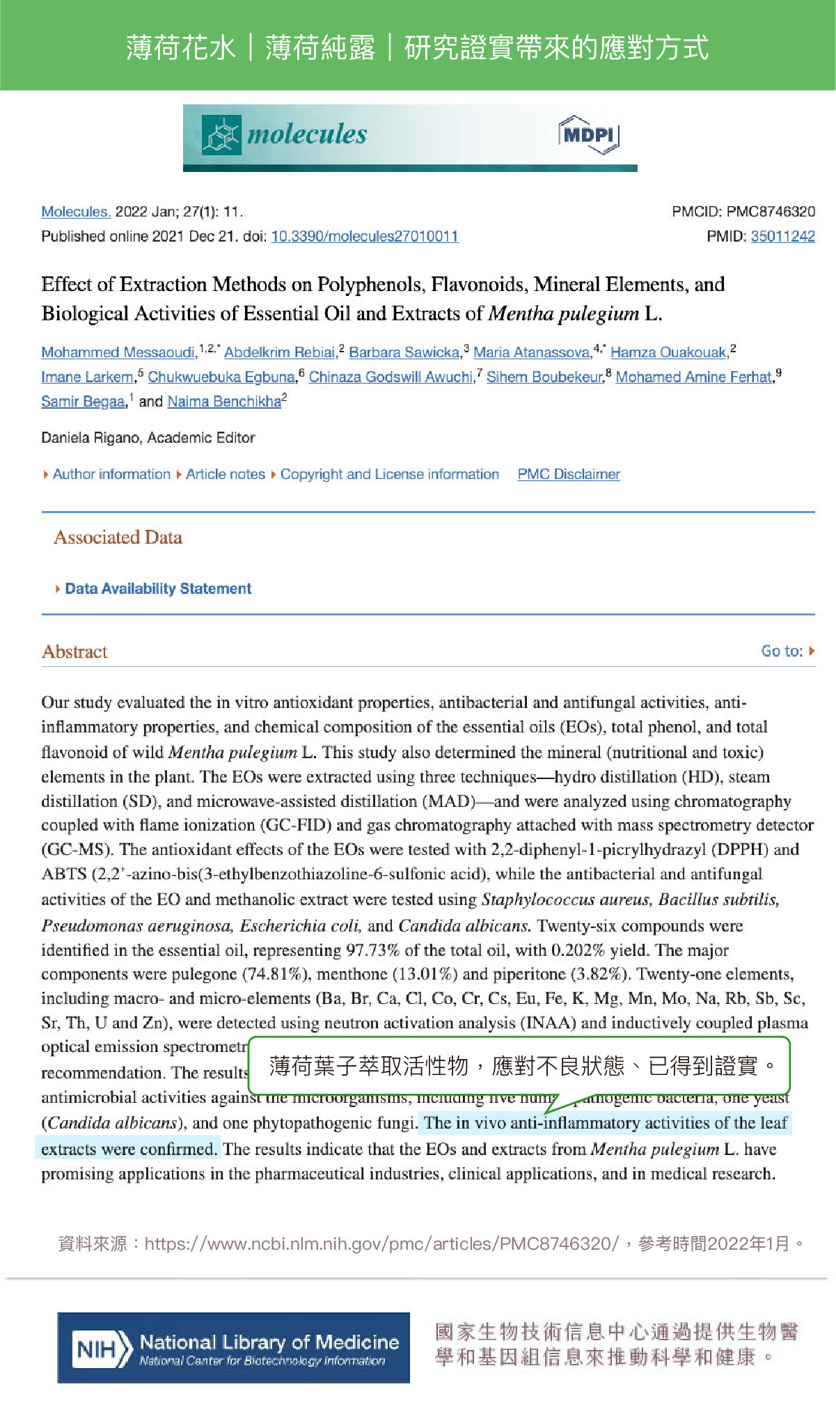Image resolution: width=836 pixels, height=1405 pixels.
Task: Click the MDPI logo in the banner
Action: (588, 134)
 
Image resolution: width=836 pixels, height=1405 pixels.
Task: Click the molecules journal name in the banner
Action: (306, 134)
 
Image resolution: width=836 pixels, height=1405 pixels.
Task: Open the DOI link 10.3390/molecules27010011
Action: (364, 236)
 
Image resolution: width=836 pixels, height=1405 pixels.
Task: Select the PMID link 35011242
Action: (782, 236)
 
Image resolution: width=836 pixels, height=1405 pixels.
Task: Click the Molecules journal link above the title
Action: (76, 212)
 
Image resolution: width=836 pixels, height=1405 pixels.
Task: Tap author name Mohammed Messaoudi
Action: (118, 352)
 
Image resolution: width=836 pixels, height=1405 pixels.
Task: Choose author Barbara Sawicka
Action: (404, 352)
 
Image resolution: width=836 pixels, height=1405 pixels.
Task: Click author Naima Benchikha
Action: (224, 402)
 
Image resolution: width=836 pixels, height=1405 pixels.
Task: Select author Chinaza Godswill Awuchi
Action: (391, 377)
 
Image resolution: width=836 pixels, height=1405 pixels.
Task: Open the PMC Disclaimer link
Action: (568, 474)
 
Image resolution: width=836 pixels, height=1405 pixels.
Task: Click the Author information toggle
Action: (111, 474)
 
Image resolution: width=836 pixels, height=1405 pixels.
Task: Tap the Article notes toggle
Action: (225, 474)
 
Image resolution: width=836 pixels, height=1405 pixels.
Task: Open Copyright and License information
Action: (389, 474)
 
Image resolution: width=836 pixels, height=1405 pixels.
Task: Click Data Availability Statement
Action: (158, 589)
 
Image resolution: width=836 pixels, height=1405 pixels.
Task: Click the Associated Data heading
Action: (118, 537)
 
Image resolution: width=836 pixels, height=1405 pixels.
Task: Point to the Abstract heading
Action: (74, 652)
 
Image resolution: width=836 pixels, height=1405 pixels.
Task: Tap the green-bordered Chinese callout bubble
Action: (519, 1065)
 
